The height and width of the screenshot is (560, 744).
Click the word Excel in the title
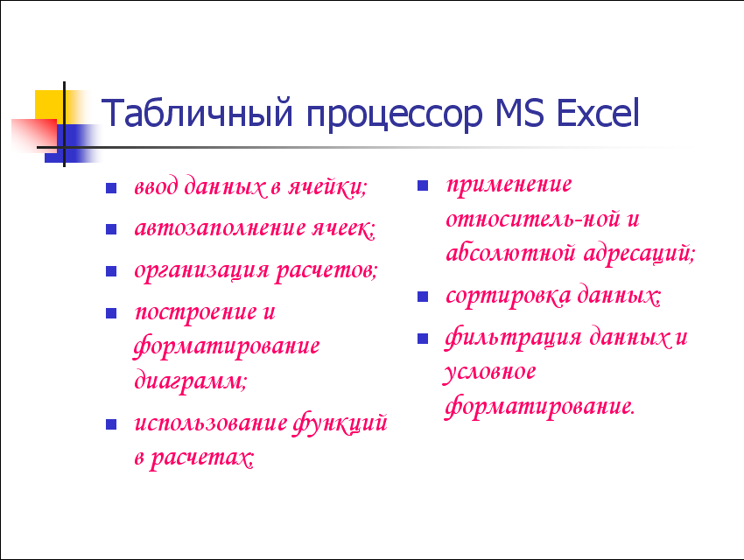tap(598, 113)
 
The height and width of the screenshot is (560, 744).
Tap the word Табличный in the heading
tap(196, 113)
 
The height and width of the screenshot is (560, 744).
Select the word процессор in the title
tap(394, 116)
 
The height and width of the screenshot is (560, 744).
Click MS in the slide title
tap(519, 113)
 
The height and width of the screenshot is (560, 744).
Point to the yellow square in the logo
tap(49, 104)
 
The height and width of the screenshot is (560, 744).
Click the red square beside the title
tap(34, 136)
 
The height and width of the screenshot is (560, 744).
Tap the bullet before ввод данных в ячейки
tap(111, 188)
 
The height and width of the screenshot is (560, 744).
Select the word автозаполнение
tap(221, 228)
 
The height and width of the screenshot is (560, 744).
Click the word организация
tap(202, 272)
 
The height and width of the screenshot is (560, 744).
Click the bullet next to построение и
tap(111, 313)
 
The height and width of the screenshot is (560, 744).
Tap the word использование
tap(211, 423)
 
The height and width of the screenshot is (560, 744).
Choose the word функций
tap(340, 423)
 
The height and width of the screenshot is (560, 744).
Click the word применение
tap(509, 185)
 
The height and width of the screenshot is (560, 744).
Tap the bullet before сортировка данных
tap(423, 297)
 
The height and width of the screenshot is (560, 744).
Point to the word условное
tap(489, 373)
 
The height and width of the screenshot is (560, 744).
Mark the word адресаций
tap(639, 254)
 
